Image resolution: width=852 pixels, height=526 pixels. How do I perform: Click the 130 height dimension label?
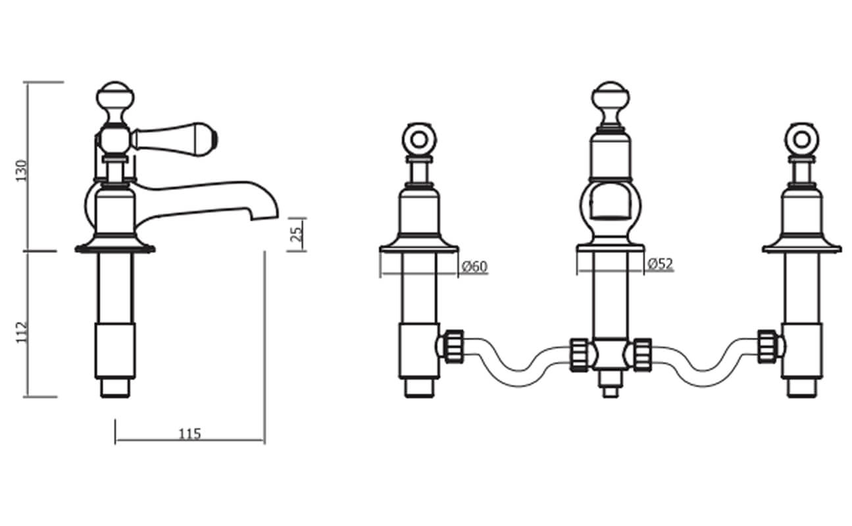22,171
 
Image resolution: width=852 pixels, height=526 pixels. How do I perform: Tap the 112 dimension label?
22,332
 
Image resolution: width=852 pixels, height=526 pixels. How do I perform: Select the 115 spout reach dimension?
189,434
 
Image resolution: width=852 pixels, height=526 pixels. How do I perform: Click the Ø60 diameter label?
474,267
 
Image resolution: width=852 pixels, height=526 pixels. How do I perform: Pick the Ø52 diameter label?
661,264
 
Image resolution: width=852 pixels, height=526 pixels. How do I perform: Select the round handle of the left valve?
419,139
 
